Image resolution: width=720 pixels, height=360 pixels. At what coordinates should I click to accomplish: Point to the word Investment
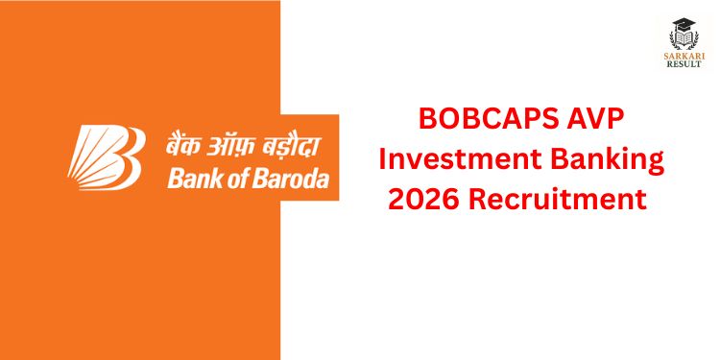coord(464,160)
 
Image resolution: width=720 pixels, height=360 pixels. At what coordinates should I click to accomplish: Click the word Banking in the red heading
coord(612,162)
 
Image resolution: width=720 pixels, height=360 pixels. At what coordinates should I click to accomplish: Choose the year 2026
coord(422,201)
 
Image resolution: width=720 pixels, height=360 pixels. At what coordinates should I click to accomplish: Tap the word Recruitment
coord(557,201)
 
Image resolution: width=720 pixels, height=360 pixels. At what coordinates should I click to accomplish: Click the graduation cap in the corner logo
coord(684,25)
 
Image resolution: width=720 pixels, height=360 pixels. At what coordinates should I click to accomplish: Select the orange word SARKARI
coord(684,56)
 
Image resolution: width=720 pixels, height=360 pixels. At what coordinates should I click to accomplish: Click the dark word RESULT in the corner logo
coord(684,64)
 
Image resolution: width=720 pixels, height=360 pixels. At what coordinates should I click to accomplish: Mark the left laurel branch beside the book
coord(672,40)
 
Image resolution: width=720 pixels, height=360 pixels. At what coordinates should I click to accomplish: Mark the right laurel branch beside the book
coord(695,40)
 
